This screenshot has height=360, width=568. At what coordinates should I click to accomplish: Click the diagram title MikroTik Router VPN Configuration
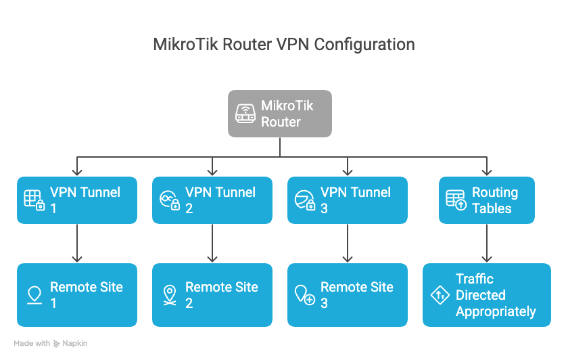(x=283, y=45)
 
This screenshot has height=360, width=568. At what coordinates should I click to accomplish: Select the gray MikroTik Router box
(x=279, y=114)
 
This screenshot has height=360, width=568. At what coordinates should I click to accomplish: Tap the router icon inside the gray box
(x=245, y=114)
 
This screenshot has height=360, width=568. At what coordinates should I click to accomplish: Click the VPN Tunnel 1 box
(x=77, y=200)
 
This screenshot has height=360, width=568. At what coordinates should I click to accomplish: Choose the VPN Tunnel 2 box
(x=212, y=200)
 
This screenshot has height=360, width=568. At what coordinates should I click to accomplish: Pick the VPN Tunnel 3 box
(x=348, y=200)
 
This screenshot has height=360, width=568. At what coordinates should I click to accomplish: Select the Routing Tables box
(x=486, y=200)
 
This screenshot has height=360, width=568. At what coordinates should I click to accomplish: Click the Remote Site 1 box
(x=77, y=295)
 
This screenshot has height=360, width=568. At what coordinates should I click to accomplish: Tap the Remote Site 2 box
(x=212, y=295)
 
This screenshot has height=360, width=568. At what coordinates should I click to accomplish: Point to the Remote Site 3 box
(x=348, y=295)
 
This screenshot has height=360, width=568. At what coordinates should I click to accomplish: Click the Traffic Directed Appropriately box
(x=486, y=295)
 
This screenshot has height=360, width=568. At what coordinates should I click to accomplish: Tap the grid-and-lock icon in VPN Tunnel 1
(x=34, y=200)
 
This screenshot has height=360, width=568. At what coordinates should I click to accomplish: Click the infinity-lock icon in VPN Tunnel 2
(x=169, y=200)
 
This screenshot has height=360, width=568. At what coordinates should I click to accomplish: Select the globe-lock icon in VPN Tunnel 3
(x=304, y=200)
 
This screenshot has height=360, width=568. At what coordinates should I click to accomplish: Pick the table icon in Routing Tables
(x=456, y=200)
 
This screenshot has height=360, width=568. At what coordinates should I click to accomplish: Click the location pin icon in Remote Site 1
(x=34, y=295)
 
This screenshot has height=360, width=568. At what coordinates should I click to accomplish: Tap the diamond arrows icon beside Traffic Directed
(x=440, y=295)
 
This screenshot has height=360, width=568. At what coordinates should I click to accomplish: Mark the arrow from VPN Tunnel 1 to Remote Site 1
(x=77, y=244)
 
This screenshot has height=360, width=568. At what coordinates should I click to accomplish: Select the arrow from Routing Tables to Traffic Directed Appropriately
(x=486, y=244)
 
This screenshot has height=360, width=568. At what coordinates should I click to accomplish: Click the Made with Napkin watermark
(x=50, y=344)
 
